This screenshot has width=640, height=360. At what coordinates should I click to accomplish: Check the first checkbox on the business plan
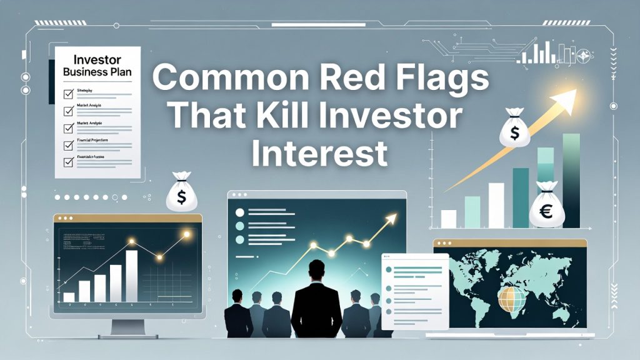tap(69, 94)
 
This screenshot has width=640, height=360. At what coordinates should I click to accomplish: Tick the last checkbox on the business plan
tap(69, 162)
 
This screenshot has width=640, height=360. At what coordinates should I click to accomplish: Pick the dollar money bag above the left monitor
tap(182, 194)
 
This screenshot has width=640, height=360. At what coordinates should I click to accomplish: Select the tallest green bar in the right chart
tap(571, 181)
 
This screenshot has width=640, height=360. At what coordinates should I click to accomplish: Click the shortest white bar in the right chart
tap(449, 219)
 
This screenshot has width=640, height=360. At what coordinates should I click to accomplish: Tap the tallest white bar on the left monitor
tap(131, 275)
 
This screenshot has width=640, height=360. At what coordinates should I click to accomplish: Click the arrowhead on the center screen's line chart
tap(392, 217)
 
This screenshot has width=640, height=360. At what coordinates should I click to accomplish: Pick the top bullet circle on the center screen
tap(239, 211)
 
